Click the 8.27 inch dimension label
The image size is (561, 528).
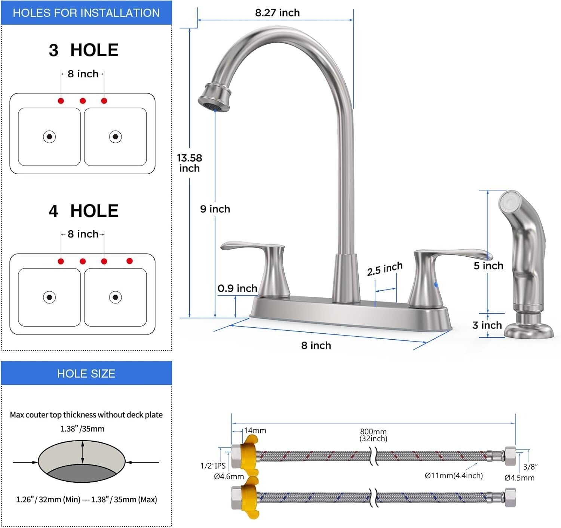tap(277, 13)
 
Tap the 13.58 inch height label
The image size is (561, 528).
tap(190, 163)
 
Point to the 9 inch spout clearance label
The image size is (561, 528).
tap(215, 209)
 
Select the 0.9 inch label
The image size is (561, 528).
tap(237, 288)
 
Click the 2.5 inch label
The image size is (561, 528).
tap(384, 269)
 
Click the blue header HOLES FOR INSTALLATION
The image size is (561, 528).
tap(86, 13)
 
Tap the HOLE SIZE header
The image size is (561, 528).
tap(86, 373)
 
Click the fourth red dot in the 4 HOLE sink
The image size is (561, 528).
tap(129, 261)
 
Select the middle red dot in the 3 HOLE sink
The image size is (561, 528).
tap(83, 101)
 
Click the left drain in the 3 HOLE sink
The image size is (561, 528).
tap(49, 137)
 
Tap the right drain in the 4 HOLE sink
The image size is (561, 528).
tap(115, 297)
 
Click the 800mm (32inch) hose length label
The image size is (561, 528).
tap(373, 435)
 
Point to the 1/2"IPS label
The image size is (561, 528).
tap(213, 466)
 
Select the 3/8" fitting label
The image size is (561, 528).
tap(530, 466)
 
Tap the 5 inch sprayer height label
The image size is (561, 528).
tap(488, 266)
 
